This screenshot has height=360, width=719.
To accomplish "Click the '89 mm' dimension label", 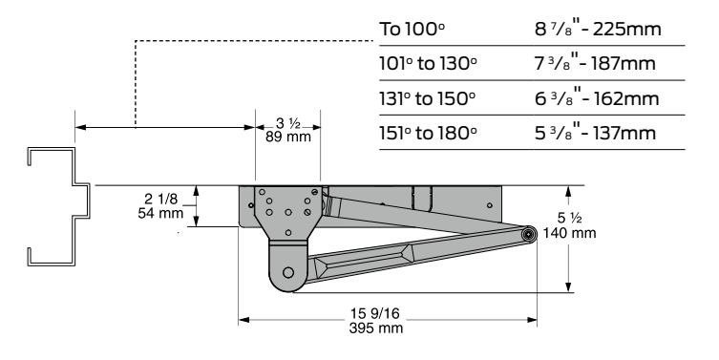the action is click(288, 137).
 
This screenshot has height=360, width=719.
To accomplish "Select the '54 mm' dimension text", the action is click(160, 213).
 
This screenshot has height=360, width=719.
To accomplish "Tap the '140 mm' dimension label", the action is click(569, 233).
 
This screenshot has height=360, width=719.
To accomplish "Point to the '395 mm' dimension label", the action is click(375, 328).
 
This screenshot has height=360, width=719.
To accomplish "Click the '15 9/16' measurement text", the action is click(375, 313).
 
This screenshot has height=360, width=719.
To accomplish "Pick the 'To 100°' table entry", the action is click(412, 29).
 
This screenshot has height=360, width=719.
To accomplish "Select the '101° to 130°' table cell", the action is click(429, 63).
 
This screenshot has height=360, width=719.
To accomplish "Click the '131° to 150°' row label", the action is click(428, 98).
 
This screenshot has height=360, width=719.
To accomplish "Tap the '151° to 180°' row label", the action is click(429, 133).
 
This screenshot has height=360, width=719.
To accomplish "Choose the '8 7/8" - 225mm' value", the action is click(598, 29).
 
